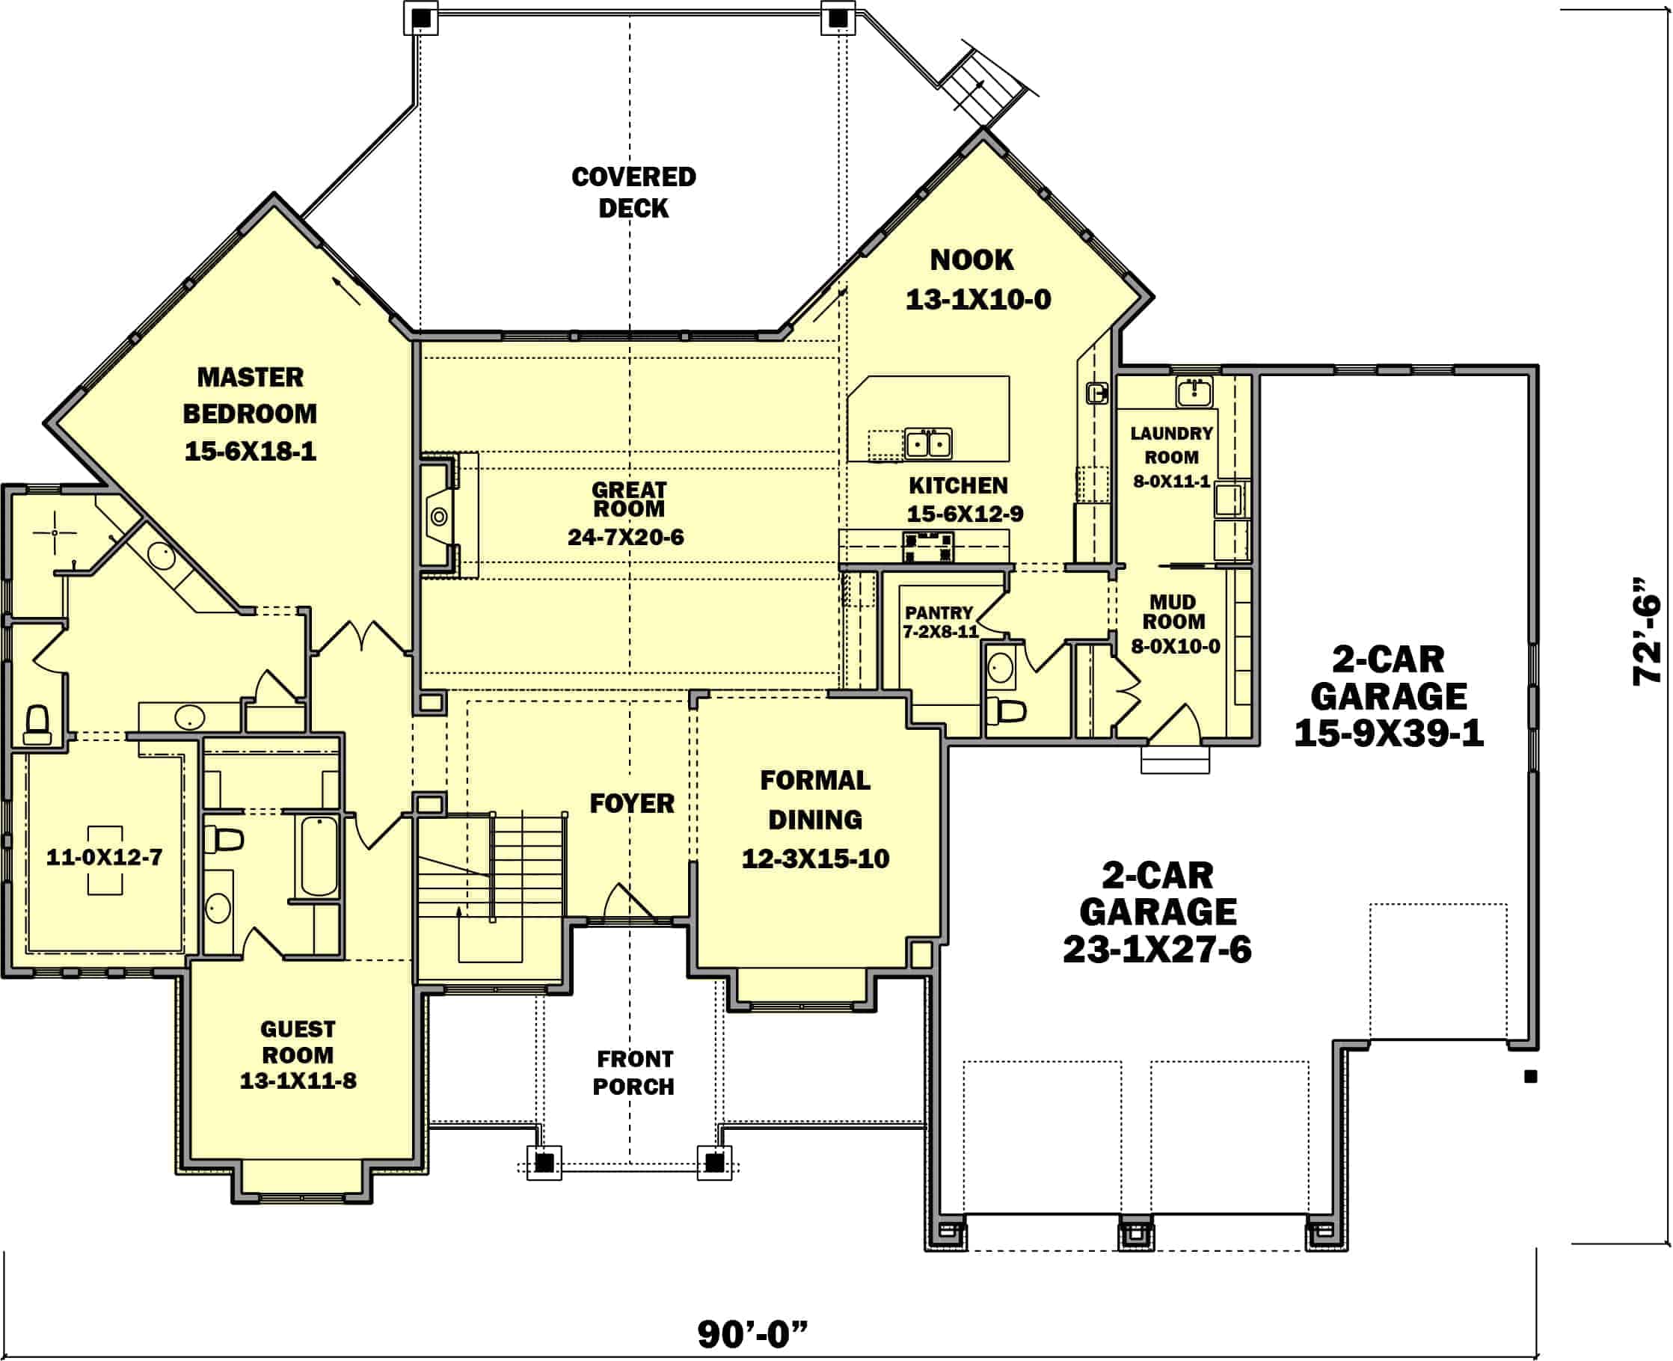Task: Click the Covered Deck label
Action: (633, 192)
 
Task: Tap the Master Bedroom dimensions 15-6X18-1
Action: (250, 452)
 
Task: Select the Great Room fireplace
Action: (438, 516)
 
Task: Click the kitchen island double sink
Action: (928, 443)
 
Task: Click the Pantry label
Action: (939, 612)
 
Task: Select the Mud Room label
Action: (1173, 612)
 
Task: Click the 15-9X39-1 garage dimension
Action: (1388, 734)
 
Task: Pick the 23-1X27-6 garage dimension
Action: (1157, 950)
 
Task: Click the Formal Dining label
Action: (815, 799)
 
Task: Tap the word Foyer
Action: (632, 804)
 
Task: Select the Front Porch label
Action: (633, 1072)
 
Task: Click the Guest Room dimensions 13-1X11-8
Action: (298, 1081)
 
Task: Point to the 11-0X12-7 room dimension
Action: (104, 857)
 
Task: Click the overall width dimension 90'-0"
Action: (752, 1333)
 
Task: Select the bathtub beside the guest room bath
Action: (319, 855)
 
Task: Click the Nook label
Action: (971, 259)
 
